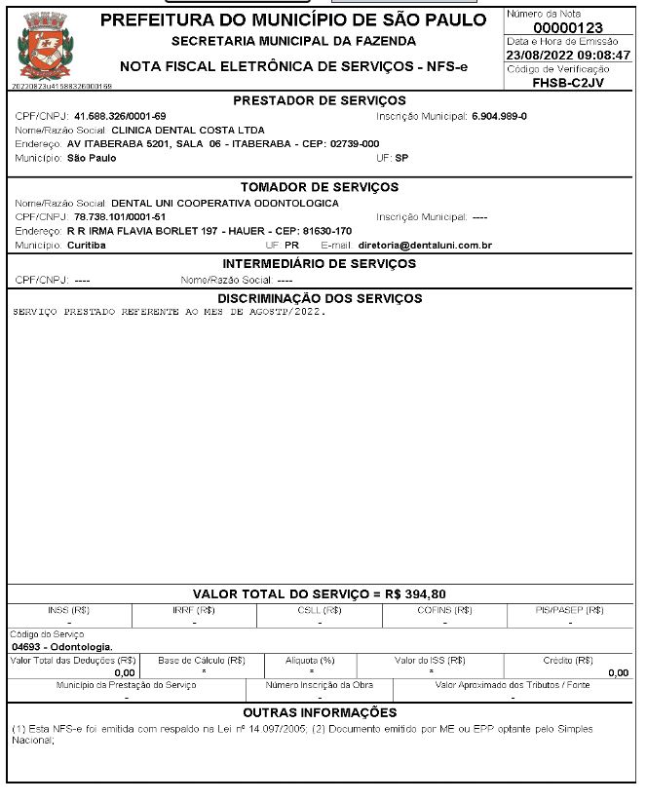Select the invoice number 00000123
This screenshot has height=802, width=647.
pos(567,26)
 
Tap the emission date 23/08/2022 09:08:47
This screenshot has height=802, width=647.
pos(568,56)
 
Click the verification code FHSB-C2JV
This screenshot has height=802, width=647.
pos(568,83)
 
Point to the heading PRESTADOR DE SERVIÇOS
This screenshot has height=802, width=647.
pos(320,100)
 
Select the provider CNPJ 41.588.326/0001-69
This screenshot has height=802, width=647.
pos(120,116)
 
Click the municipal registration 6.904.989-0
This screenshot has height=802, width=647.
pos(499,116)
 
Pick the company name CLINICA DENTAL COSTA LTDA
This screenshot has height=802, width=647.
pos(188,130)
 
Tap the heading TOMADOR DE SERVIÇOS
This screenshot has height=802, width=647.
pos(320,187)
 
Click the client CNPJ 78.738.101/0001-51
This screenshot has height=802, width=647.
pos(120,216)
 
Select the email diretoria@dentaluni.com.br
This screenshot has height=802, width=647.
pos(425,245)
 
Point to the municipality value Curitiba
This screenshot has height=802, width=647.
pos(87,245)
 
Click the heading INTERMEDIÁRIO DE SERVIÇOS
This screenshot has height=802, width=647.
pos(320,264)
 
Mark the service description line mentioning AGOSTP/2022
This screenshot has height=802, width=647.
pos(171,313)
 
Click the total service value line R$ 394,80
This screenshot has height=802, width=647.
pos(320,593)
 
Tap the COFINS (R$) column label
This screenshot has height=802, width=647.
pos(445,610)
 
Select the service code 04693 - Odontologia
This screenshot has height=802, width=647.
pos(62,646)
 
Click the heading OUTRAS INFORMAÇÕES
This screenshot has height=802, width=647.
pos(320,713)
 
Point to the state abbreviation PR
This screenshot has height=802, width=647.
pos(291,245)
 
